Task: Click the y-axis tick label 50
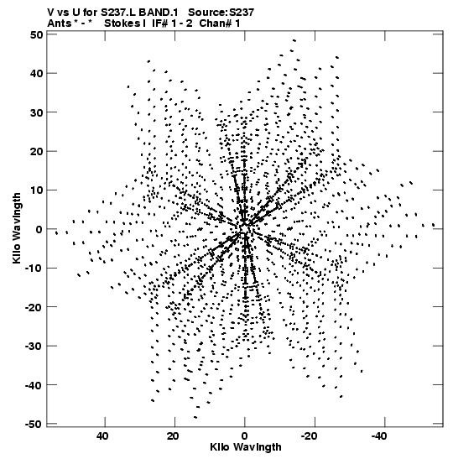coord(36,35)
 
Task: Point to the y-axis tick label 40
coord(36,73)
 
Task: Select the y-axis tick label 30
coord(36,112)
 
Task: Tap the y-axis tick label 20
coord(36,151)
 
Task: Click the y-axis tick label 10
coord(36,190)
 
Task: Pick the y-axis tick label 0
coord(39,229)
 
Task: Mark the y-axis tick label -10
coord(34,269)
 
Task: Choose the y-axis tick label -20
coord(34,307)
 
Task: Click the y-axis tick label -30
coord(34,346)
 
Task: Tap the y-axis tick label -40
coord(34,385)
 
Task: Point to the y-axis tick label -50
coord(34,424)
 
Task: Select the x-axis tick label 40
coord(102,436)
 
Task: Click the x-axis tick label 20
coord(172,436)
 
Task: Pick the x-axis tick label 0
coord(244,436)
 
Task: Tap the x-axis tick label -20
coord(310,436)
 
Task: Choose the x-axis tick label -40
coord(379,436)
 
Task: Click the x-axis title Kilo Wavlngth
coord(246,447)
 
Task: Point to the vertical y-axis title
coord(17,228)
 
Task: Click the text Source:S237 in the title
coord(221,13)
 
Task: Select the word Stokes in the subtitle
coord(122,23)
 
